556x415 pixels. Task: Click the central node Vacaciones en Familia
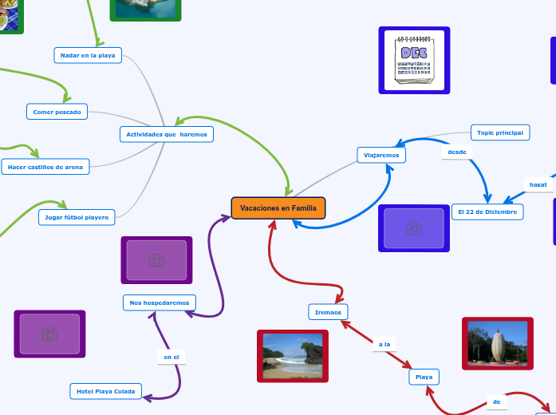(x=278, y=208)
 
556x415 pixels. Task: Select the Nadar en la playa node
(x=88, y=54)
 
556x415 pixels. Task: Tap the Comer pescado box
(x=57, y=112)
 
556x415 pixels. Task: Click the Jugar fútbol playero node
(x=77, y=216)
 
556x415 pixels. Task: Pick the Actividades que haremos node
(x=167, y=134)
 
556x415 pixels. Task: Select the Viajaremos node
(x=381, y=154)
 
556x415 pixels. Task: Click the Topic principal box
(x=500, y=132)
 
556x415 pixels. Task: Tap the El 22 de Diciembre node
(x=487, y=211)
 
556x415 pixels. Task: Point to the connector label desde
(x=457, y=152)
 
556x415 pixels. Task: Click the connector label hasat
(x=538, y=184)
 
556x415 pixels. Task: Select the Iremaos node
(x=328, y=312)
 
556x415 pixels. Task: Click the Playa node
(x=424, y=376)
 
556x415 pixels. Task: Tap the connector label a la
(x=384, y=344)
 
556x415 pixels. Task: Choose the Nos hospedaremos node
(x=160, y=302)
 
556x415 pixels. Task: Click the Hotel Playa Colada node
(x=106, y=391)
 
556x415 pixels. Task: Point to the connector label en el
(x=171, y=357)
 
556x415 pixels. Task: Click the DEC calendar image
(x=414, y=60)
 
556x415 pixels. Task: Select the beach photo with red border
(x=293, y=356)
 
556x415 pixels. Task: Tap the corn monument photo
(x=498, y=344)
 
